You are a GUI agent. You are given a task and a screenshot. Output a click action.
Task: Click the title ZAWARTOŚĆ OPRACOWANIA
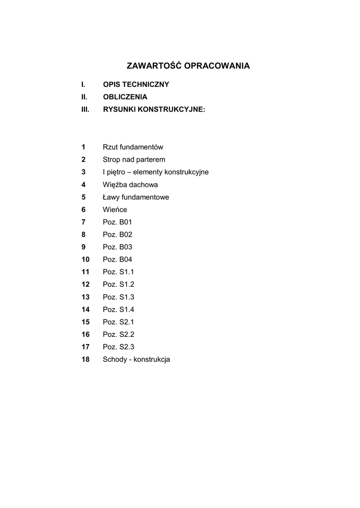point(188,65)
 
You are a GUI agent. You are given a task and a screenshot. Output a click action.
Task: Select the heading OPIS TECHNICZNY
point(136,84)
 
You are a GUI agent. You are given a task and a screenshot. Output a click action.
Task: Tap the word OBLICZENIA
point(125,97)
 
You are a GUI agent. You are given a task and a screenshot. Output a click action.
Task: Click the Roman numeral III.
point(85,109)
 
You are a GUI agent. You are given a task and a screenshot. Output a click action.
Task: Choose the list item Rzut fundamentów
point(133,147)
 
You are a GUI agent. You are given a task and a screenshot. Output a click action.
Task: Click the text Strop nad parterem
point(134,160)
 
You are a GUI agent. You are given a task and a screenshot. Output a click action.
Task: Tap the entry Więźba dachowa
point(130,185)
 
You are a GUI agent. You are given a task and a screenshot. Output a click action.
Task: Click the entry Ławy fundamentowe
point(136,197)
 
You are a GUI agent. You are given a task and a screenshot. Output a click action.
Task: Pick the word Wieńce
point(115,210)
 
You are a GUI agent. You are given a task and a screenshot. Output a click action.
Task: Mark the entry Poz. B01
point(118,222)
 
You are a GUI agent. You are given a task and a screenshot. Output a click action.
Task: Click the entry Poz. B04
point(118,259)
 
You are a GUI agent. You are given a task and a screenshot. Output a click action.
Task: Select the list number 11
point(85,272)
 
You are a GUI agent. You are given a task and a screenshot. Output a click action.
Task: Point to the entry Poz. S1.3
point(119,297)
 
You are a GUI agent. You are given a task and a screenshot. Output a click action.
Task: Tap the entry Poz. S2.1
point(119,322)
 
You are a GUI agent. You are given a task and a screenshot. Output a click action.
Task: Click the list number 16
point(85,334)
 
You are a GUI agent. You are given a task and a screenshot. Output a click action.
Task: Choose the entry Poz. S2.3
point(119,347)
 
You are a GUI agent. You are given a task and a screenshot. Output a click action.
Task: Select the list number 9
point(84,247)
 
